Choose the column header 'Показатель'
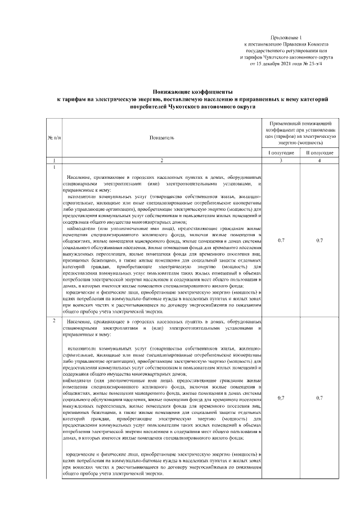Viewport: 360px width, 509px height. coord(161,137)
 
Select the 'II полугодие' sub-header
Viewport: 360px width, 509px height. coord(319,153)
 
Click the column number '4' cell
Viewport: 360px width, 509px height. coord(319,161)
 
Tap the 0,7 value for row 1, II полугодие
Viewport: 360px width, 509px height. coord(319,241)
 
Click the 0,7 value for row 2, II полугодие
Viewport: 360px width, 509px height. coord(319,398)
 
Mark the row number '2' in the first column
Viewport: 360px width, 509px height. coord(54,321)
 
